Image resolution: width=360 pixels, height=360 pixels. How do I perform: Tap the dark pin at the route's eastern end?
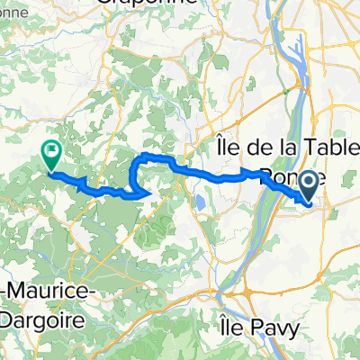point(308,186)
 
